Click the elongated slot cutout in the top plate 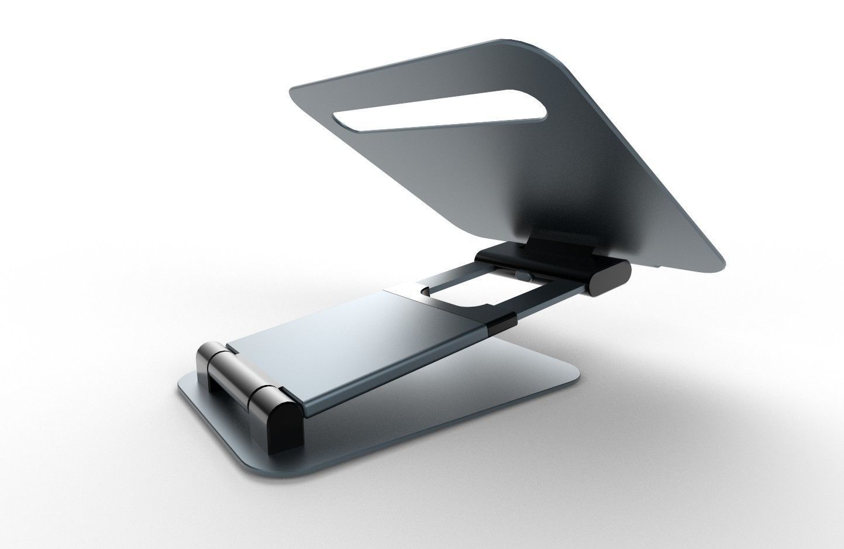pyautogui.click(x=439, y=111)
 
